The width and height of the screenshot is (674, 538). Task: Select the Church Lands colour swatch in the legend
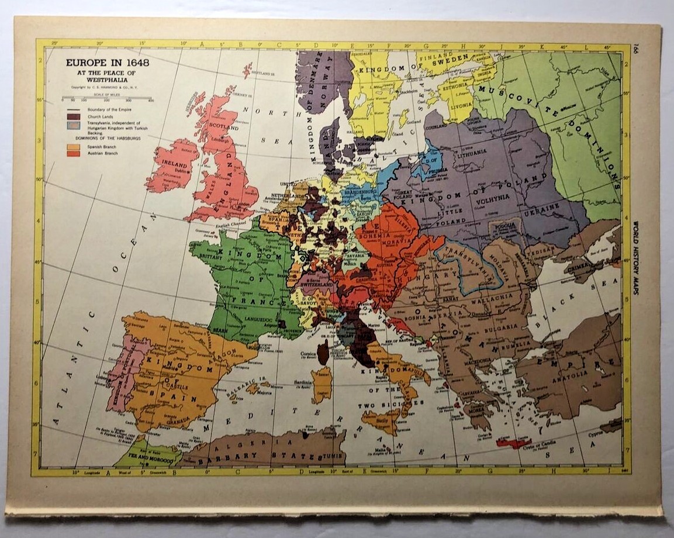coord(75,116)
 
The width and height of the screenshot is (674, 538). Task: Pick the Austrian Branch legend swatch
coord(75,153)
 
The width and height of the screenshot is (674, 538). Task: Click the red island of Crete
coord(514,443)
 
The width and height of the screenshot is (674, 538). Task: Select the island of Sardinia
coord(322,386)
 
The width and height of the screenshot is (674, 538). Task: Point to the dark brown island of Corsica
coord(323,353)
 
